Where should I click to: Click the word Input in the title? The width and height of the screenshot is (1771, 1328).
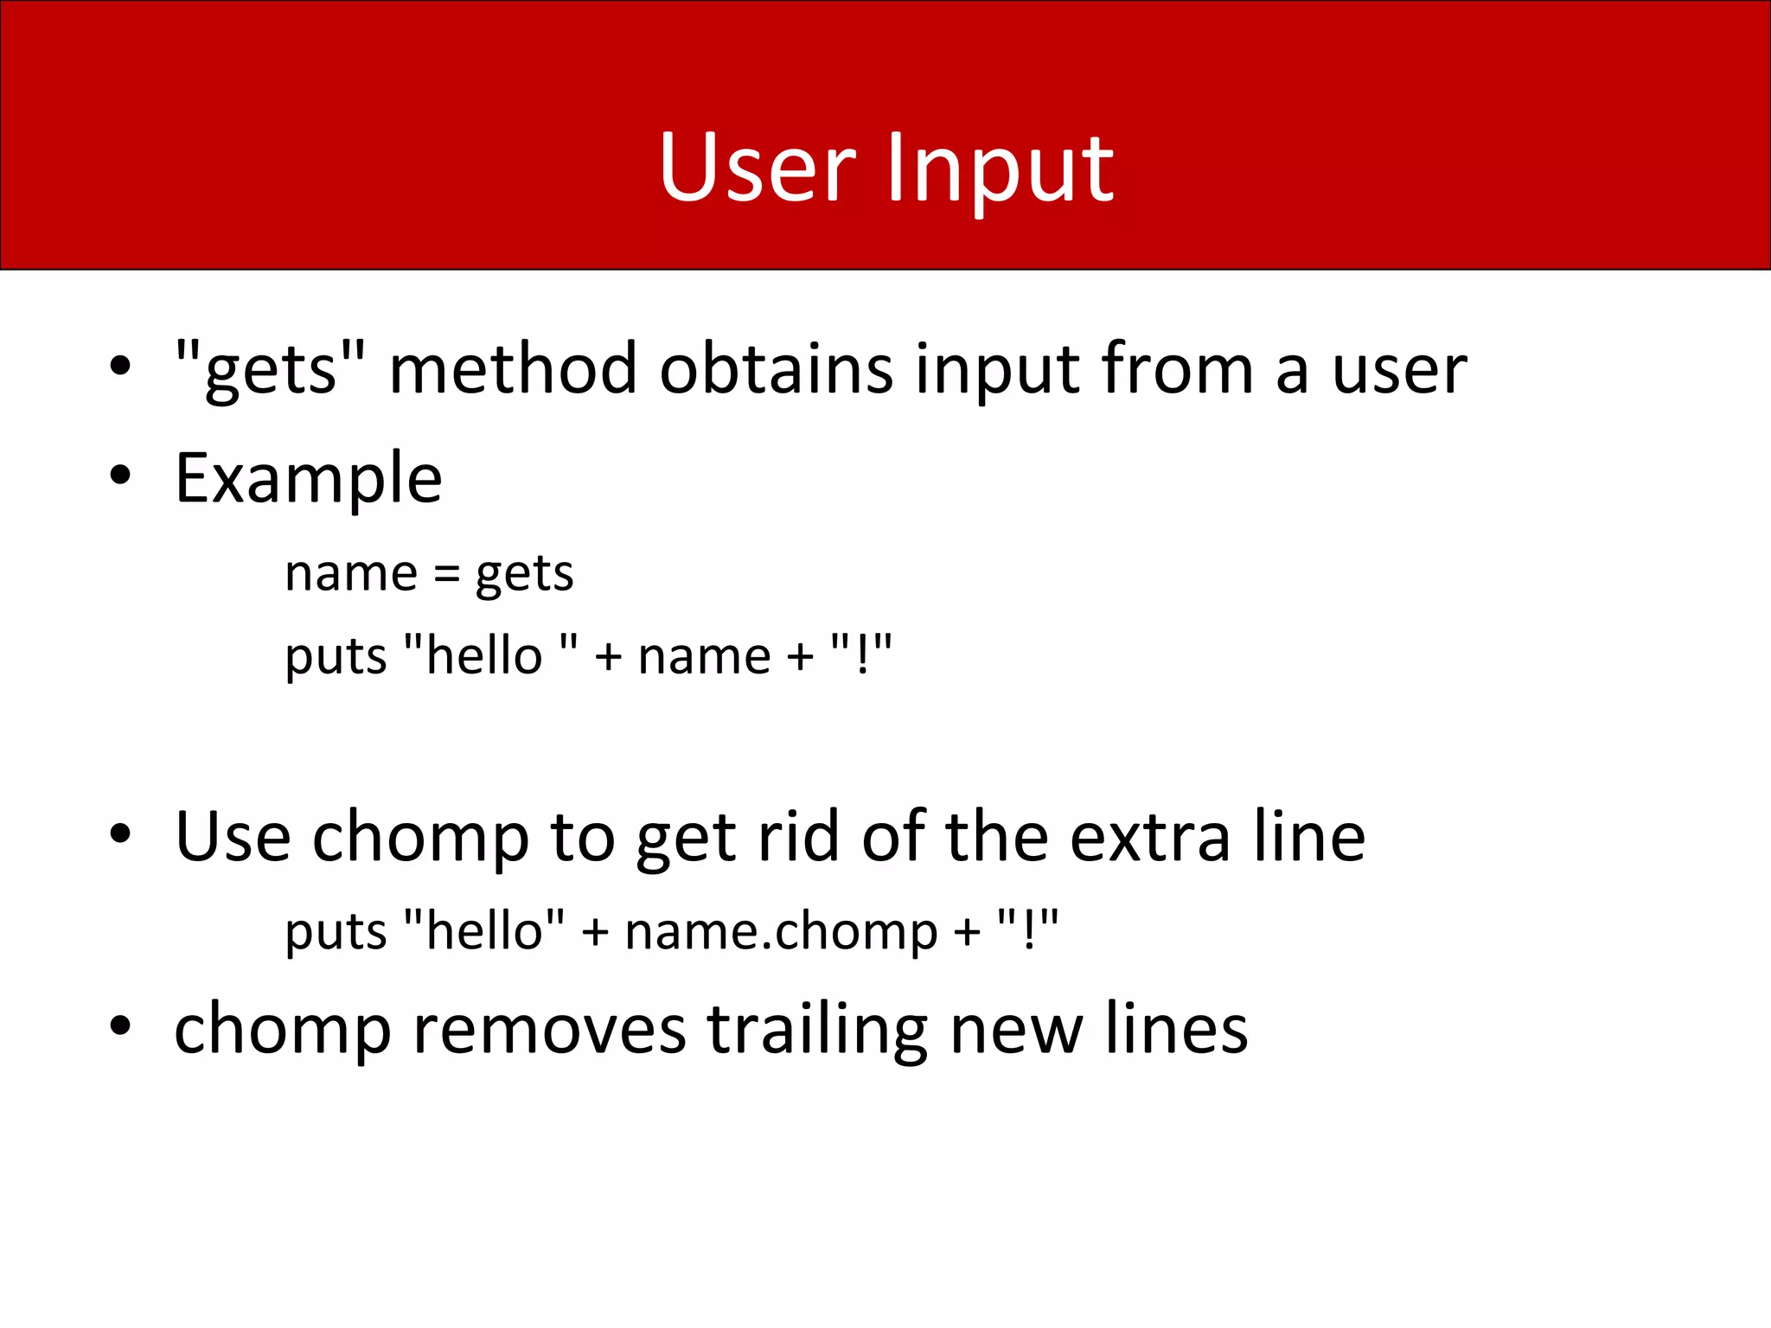pyautogui.click(x=1000, y=170)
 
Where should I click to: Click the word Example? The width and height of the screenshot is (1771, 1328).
pyautogui.click(x=309, y=479)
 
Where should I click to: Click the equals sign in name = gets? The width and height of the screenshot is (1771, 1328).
pyautogui.click(x=446, y=573)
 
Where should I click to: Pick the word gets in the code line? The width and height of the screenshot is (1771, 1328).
pyautogui.click(x=524, y=575)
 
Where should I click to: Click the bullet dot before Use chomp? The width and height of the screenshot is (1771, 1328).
pyautogui.click(x=120, y=834)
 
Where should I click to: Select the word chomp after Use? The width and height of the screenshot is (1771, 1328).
pyautogui.click(x=420, y=839)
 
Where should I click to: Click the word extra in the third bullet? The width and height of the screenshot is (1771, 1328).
pyautogui.click(x=1149, y=839)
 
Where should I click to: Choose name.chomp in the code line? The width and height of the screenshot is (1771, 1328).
pyautogui.click(x=781, y=933)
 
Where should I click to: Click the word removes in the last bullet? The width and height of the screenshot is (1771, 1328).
pyautogui.click(x=549, y=1030)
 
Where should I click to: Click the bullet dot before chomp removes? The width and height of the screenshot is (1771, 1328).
pyautogui.click(x=120, y=1026)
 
